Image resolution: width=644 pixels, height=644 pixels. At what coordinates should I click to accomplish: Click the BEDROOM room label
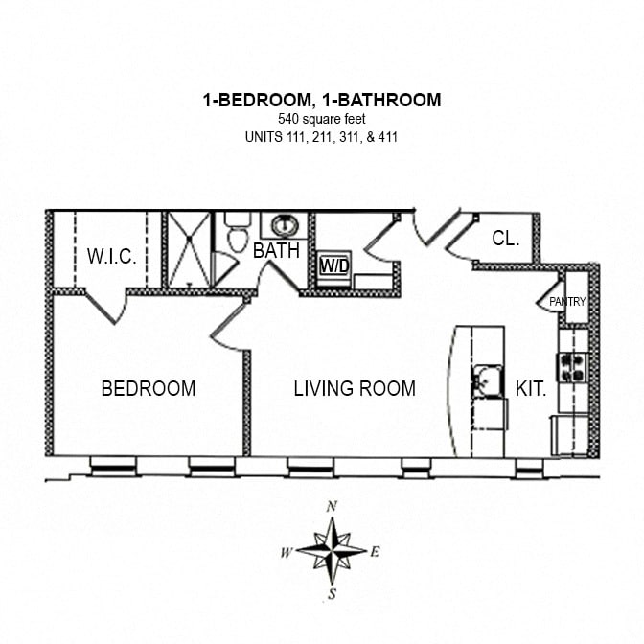click(149, 388)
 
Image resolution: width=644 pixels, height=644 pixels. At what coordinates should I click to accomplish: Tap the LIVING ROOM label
click(355, 388)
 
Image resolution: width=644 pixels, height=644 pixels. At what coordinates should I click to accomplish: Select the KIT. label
click(531, 389)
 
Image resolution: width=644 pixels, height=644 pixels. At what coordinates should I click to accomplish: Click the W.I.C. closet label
click(112, 257)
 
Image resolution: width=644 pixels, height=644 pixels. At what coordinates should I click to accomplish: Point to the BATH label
click(276, 251)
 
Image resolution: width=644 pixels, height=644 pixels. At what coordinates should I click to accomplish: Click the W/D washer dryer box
click(333, 265)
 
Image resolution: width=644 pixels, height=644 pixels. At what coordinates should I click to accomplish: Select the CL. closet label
click(505, 239)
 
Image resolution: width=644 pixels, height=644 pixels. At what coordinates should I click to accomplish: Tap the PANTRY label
click(566, 302)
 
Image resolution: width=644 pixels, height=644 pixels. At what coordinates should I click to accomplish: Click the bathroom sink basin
click(285, 226)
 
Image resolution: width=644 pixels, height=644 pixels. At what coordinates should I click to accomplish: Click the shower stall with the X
click(189, 249)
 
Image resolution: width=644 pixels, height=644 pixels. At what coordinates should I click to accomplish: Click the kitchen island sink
click(486, 381)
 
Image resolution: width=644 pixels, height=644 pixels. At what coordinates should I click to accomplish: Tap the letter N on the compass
click(332, 506)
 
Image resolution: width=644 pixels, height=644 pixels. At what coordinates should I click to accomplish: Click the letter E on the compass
click(375, 551)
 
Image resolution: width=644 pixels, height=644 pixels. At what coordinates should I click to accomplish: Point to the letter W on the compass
click(287, 552)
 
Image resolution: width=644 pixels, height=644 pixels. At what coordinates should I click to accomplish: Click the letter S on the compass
click(332, 594)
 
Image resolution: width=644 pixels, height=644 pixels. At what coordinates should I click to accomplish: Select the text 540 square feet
click(322, 119)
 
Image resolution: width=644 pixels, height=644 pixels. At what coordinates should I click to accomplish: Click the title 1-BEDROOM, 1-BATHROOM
click(322, 100)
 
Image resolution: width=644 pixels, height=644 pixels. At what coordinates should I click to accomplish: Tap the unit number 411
click(386, 136)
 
